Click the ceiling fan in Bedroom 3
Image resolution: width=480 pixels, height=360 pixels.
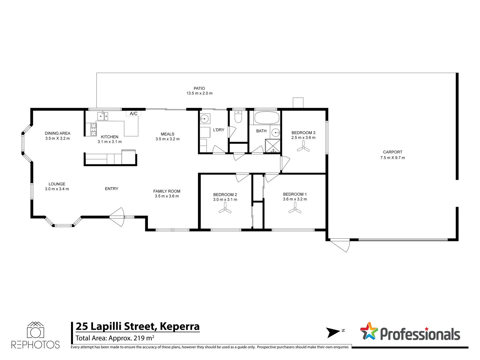click(x=303, y=147)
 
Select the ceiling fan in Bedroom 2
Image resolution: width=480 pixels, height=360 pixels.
click(x=225, y=209)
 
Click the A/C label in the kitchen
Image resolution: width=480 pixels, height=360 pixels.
click(x=134, y=114)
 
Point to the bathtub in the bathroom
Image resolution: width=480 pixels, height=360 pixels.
click(x=267, y=118)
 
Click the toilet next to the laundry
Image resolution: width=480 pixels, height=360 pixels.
click(x=238, y=117)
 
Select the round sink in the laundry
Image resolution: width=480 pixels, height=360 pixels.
click(x=204, y=119)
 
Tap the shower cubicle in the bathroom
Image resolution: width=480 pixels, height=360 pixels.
click(x=273, y=146)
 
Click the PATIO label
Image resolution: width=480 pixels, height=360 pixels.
click(x=199, y=88)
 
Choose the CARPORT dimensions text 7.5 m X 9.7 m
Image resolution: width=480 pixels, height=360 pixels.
click(x=393, y=158)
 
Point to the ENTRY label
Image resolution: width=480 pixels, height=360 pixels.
click(x=111, y=189)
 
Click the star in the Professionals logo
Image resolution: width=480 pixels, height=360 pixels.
click(x=369, y=331)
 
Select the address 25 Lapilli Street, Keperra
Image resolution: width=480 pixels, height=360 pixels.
click(x=137, y=326)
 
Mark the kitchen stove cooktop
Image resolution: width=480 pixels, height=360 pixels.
click(x=94, y=129)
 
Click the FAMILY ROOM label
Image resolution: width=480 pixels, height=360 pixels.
click(x=167, y=191)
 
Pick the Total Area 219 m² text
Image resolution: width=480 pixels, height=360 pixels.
click(x=115, y=338)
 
